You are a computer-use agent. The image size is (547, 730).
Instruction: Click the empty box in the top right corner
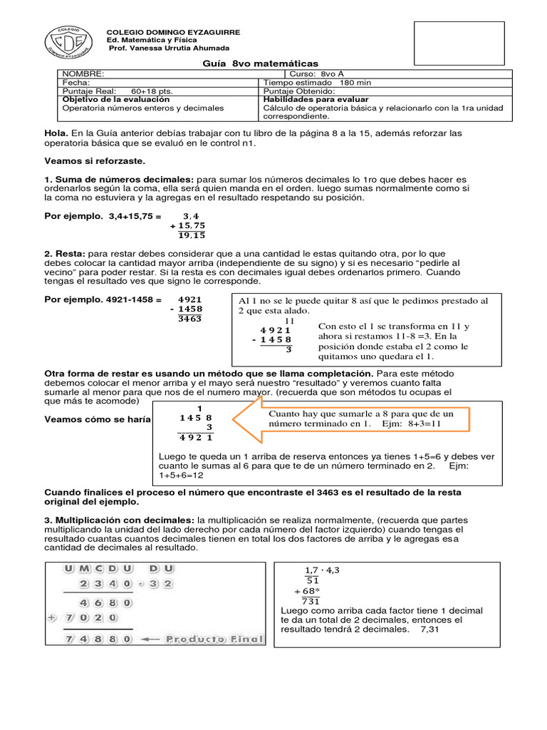click(459, 43)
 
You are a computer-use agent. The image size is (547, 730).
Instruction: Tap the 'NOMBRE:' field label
click(83, 74)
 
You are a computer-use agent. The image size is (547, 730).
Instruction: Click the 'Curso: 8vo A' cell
click(317, 74)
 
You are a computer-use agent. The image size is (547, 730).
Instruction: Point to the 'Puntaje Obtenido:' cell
click(298, 91)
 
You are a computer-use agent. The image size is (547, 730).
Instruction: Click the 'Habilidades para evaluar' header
click(316, 100)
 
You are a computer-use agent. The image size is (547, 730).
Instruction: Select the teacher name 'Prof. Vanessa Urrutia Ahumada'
click(168, 48)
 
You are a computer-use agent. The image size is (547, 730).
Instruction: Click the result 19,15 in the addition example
click(192, 235)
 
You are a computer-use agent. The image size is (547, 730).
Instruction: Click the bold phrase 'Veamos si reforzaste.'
click(94, 161)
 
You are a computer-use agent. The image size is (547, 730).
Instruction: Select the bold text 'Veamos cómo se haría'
click(98, 419)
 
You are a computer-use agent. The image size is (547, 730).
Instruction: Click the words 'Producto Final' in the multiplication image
click(214, 639)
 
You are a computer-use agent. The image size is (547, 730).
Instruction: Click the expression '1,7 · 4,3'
click(323, 570)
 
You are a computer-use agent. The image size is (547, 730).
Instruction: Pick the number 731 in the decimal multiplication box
click(311, 601)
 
